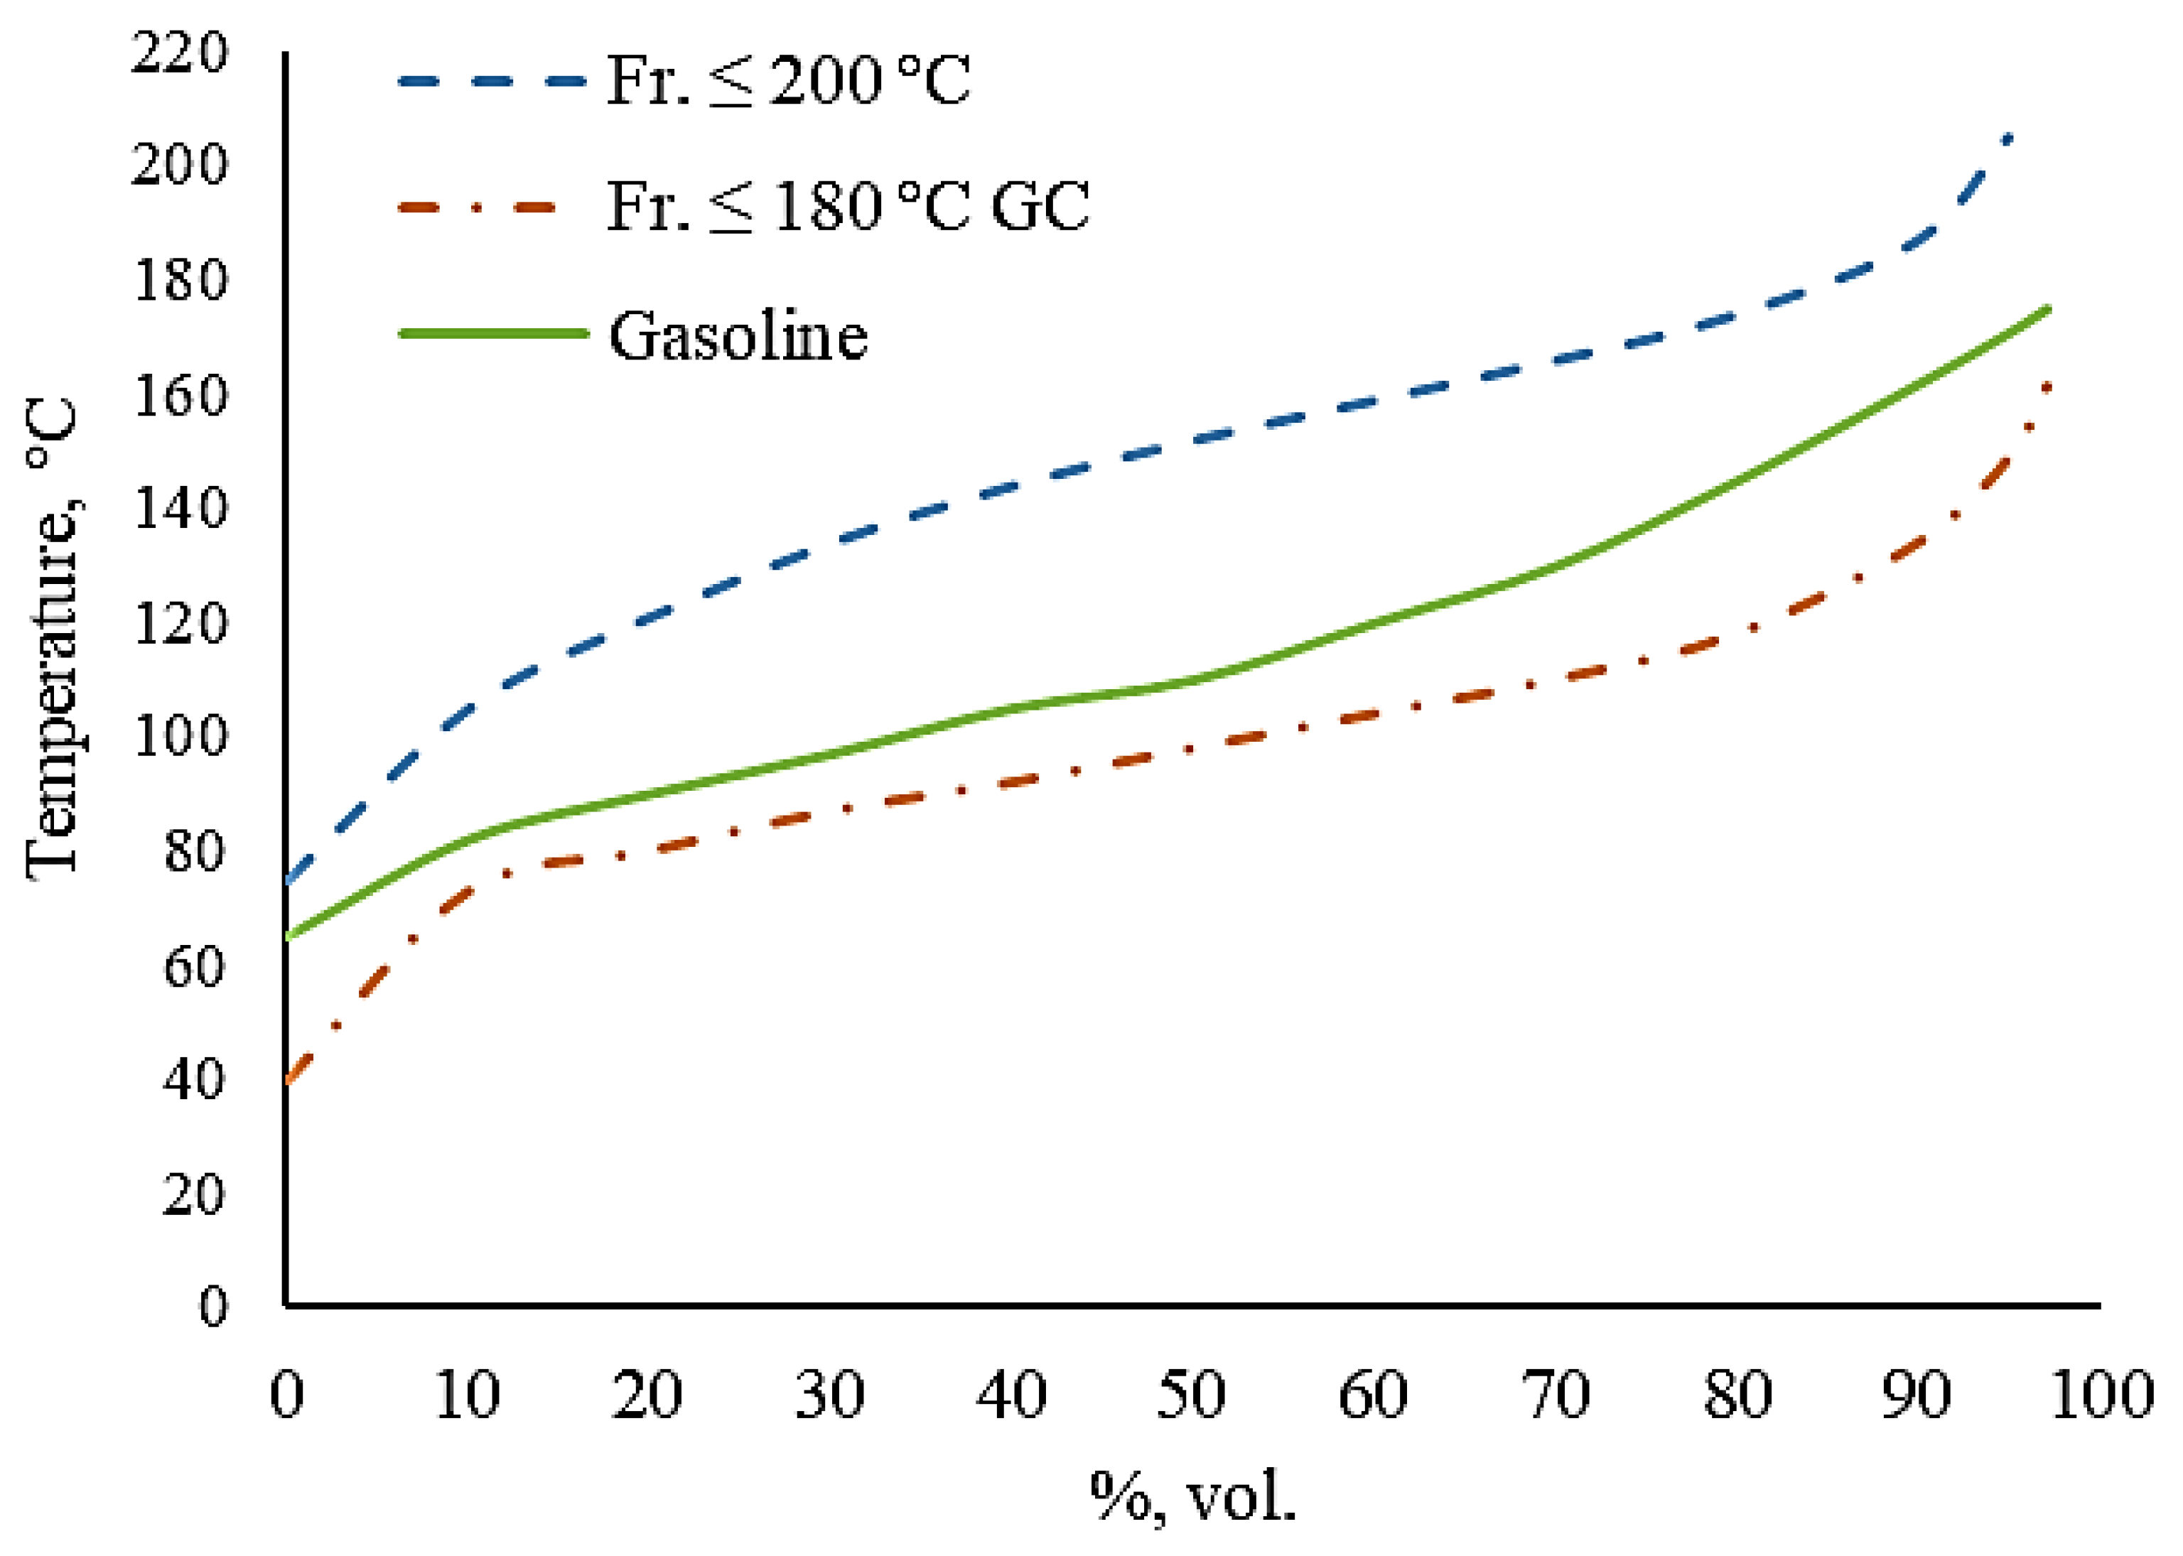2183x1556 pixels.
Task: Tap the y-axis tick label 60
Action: point(193,966)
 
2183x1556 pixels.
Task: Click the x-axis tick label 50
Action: point(1190,1395)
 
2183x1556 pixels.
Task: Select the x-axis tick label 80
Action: point(1737,1395)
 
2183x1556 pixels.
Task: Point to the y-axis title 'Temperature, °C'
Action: point(53,637)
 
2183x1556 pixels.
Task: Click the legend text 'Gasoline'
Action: point(738,336)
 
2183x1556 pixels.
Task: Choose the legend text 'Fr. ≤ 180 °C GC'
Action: point(848,207)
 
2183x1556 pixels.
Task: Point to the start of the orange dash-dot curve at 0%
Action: point(289,1081)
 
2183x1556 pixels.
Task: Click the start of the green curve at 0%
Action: point(289,937)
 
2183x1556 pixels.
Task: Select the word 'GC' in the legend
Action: point(1040,207)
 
